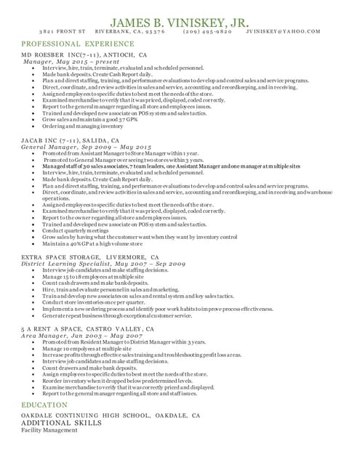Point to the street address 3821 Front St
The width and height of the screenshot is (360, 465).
[x=63, y=32]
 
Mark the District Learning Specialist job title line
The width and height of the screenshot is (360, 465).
[x=103, y=264]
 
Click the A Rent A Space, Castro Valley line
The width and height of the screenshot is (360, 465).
[x=87, y=329]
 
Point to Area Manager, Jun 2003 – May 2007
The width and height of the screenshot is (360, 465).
[x=81, y=336]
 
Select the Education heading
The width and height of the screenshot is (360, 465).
[x=44, y=404]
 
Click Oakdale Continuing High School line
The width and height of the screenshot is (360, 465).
[x=111, y=416]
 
